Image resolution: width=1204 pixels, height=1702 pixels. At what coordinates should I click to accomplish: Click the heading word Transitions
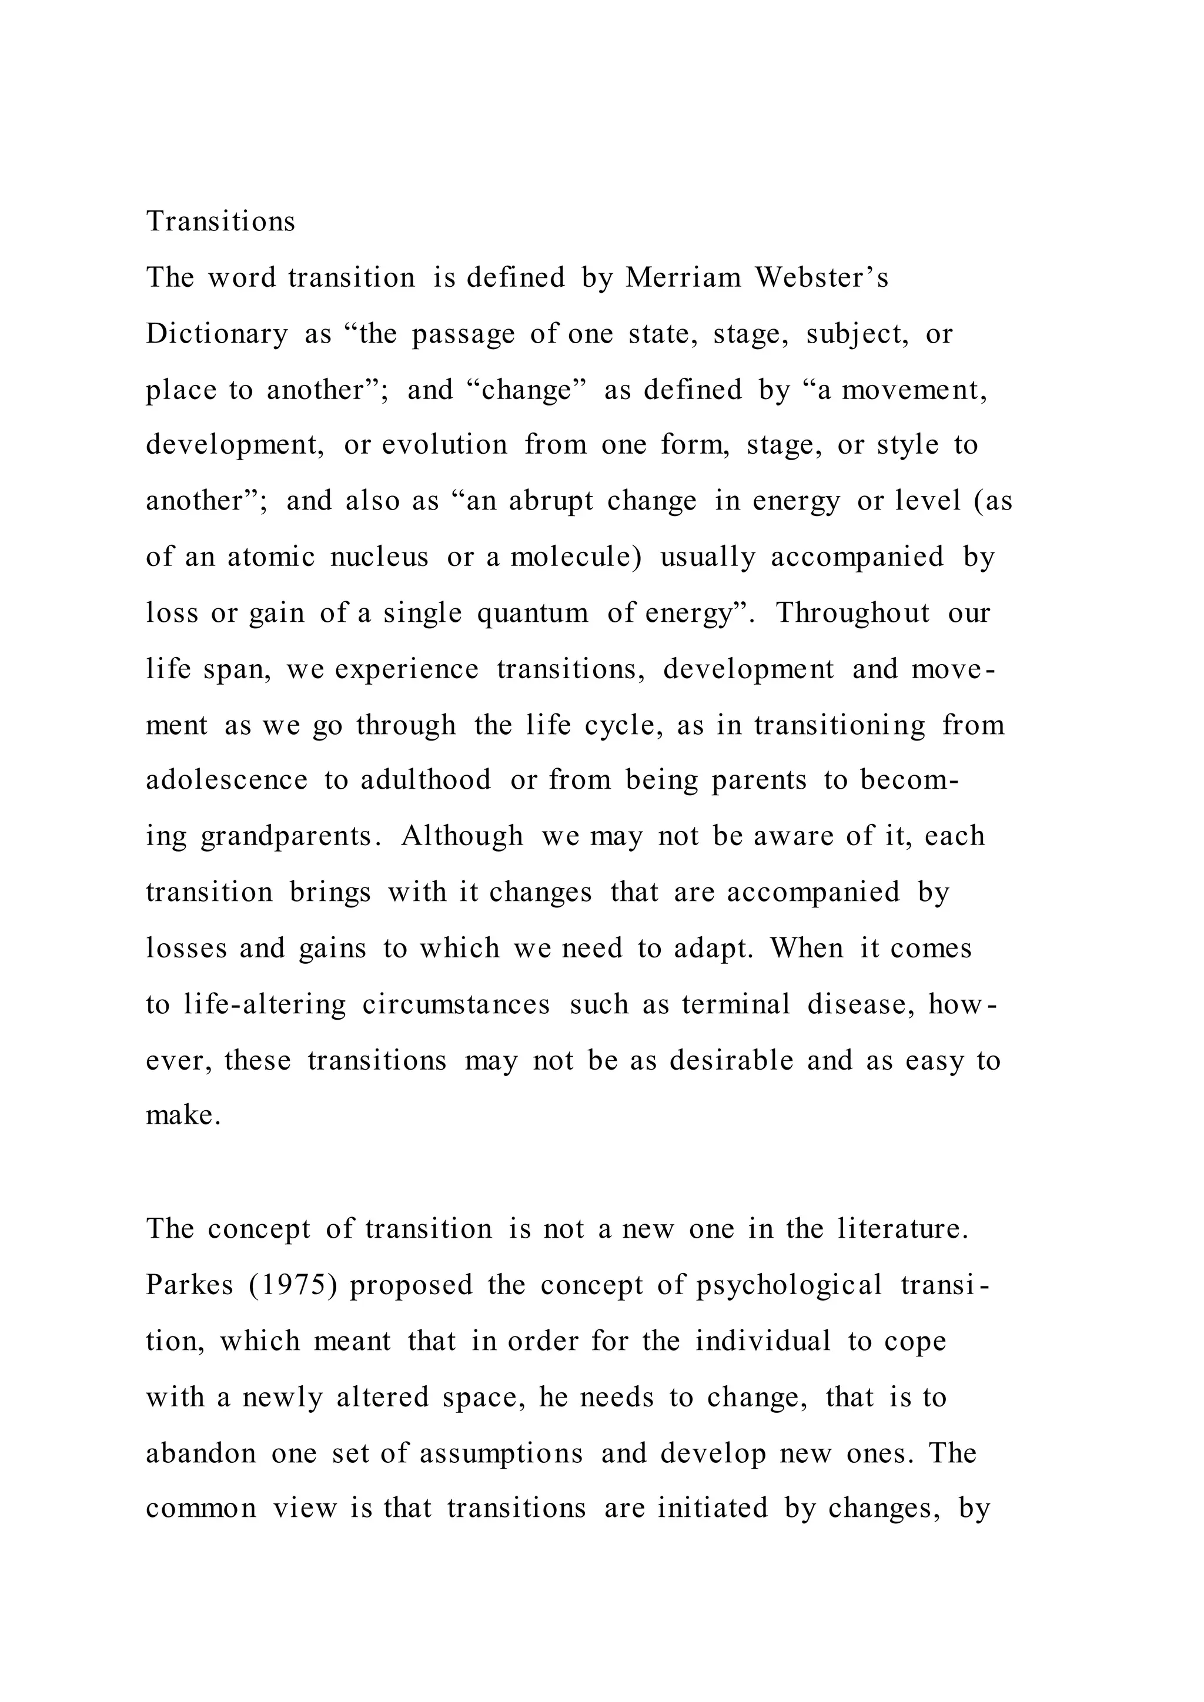tap(220, 222)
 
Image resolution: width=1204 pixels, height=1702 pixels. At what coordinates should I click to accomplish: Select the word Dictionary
tap(216, 334)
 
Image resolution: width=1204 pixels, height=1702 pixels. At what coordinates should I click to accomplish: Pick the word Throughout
tap(852, 614)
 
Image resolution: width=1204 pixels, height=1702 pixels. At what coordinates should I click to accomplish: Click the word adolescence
tap(226, 780)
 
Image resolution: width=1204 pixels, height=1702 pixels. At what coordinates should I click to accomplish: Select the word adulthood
tap(426, 780)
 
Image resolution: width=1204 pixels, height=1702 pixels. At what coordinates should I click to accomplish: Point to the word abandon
tap(200, 1453)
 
